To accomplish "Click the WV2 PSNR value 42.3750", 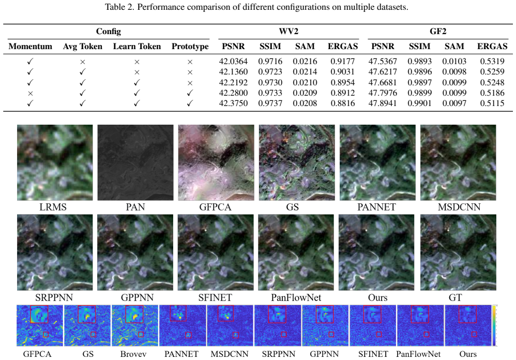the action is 233,103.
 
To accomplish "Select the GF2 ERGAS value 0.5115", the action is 492,103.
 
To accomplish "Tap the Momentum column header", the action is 31,47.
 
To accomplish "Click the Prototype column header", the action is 190,47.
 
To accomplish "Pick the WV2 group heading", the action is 289,31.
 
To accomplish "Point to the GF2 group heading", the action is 438,31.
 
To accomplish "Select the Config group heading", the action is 108,31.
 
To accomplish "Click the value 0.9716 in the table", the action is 270,61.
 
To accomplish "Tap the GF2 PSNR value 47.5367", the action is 383,61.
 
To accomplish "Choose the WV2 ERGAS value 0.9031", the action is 343,72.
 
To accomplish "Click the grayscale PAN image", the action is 135,162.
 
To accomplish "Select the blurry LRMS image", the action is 55,162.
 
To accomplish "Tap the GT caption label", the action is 455,297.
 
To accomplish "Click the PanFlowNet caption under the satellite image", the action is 296,297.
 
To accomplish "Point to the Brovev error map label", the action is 133,354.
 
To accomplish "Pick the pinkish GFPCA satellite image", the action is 216,162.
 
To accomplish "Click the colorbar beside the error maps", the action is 494,325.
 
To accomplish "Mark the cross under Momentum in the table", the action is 31,93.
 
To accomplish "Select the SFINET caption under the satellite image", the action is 215,297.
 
